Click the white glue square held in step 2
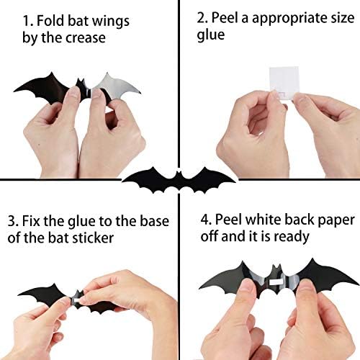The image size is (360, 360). (278, 94)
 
